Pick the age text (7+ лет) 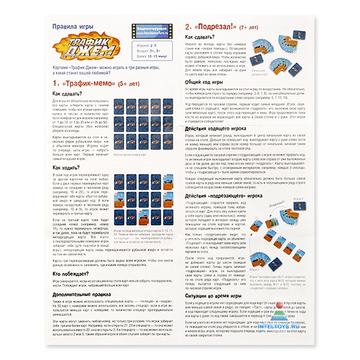tap(256, 28)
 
